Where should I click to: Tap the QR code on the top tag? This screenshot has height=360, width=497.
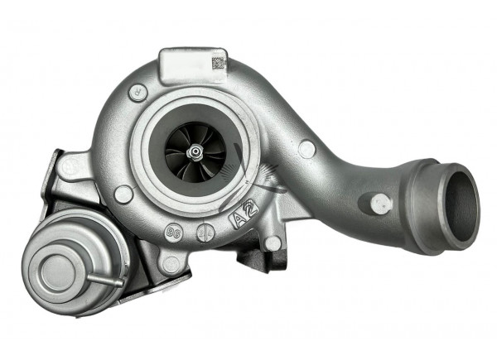coord(218,62)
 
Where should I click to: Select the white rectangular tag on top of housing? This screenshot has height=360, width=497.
coord(191,65)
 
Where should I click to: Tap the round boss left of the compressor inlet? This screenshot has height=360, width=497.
coord(123,194)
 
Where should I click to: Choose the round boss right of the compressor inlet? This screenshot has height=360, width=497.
coord(306,149)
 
